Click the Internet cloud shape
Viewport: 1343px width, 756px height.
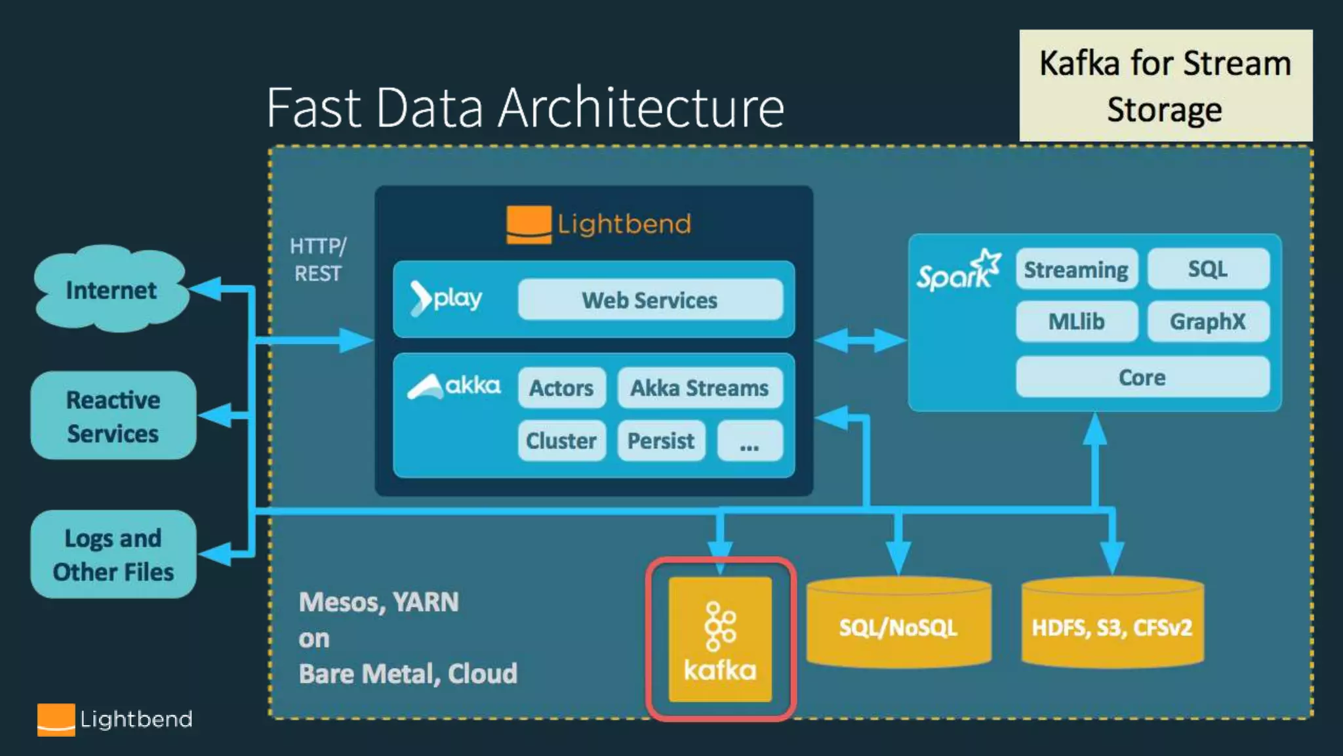pyautogui.click(x=111, y=289)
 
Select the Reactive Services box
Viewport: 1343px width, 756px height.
pyautogui.click(x=113, y=415)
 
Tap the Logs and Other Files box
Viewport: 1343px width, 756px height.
pyautogui.click(x=113, y=555)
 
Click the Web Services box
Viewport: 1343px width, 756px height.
pyautogui.click(x=651, y=300)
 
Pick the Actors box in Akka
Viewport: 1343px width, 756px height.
pyautogui.click(x=562, y=388)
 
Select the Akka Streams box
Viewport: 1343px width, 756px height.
pyautogui.click(x=700, y=388)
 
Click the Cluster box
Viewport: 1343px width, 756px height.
pyautogui.click(x=562, y=440)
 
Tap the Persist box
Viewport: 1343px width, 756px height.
pyautogui.click(x=661, y=440)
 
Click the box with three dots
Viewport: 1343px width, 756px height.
pyautogui.click(x=750, y=440)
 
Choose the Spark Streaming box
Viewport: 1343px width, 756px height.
pyautogui.click(x=1077, y=269)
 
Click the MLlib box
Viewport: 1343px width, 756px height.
pyautogui.click(x=1077, y=322)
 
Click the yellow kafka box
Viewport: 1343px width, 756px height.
pyautogui.click(x=720, y=639)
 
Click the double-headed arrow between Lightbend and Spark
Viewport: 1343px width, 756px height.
pyautogui.click(x=861, y=341)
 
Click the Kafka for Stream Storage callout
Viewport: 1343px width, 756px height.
pyautogui.click(x=1166, y=85)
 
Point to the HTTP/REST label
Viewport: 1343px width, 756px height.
pyautogui.click(x=318, y=260)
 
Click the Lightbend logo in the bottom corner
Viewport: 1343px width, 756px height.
pyautogui.click(x=115, y=720)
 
